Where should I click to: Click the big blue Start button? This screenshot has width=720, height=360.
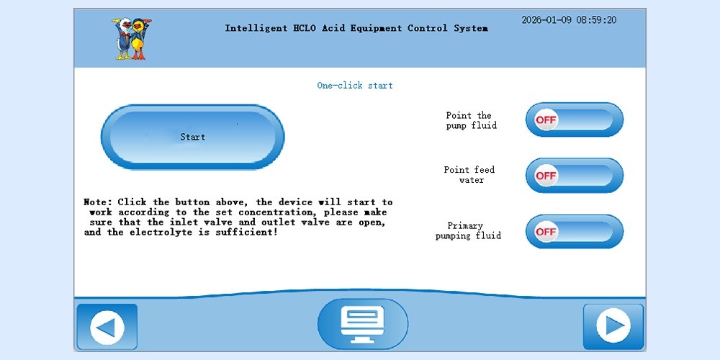192,137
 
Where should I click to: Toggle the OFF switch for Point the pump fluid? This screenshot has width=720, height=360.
575,120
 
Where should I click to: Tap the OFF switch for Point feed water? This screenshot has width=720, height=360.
575,176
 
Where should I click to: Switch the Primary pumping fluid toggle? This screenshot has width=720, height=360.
575,231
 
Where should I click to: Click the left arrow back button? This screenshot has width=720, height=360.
107,327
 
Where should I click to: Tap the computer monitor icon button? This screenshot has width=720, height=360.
363,324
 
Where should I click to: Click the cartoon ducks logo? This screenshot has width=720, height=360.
132,39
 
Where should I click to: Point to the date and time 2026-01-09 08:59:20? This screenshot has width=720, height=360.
569,20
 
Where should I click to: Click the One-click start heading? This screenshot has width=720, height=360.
355,86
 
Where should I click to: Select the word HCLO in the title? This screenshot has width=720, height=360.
305,28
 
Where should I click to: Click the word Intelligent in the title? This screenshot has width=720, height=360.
256,29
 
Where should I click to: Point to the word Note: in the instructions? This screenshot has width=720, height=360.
98,202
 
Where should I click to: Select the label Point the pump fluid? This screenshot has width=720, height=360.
471,121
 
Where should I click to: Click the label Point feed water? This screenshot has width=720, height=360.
469,175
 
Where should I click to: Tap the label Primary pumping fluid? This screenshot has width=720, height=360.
468,231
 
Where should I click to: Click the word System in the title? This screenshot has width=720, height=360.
471,29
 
